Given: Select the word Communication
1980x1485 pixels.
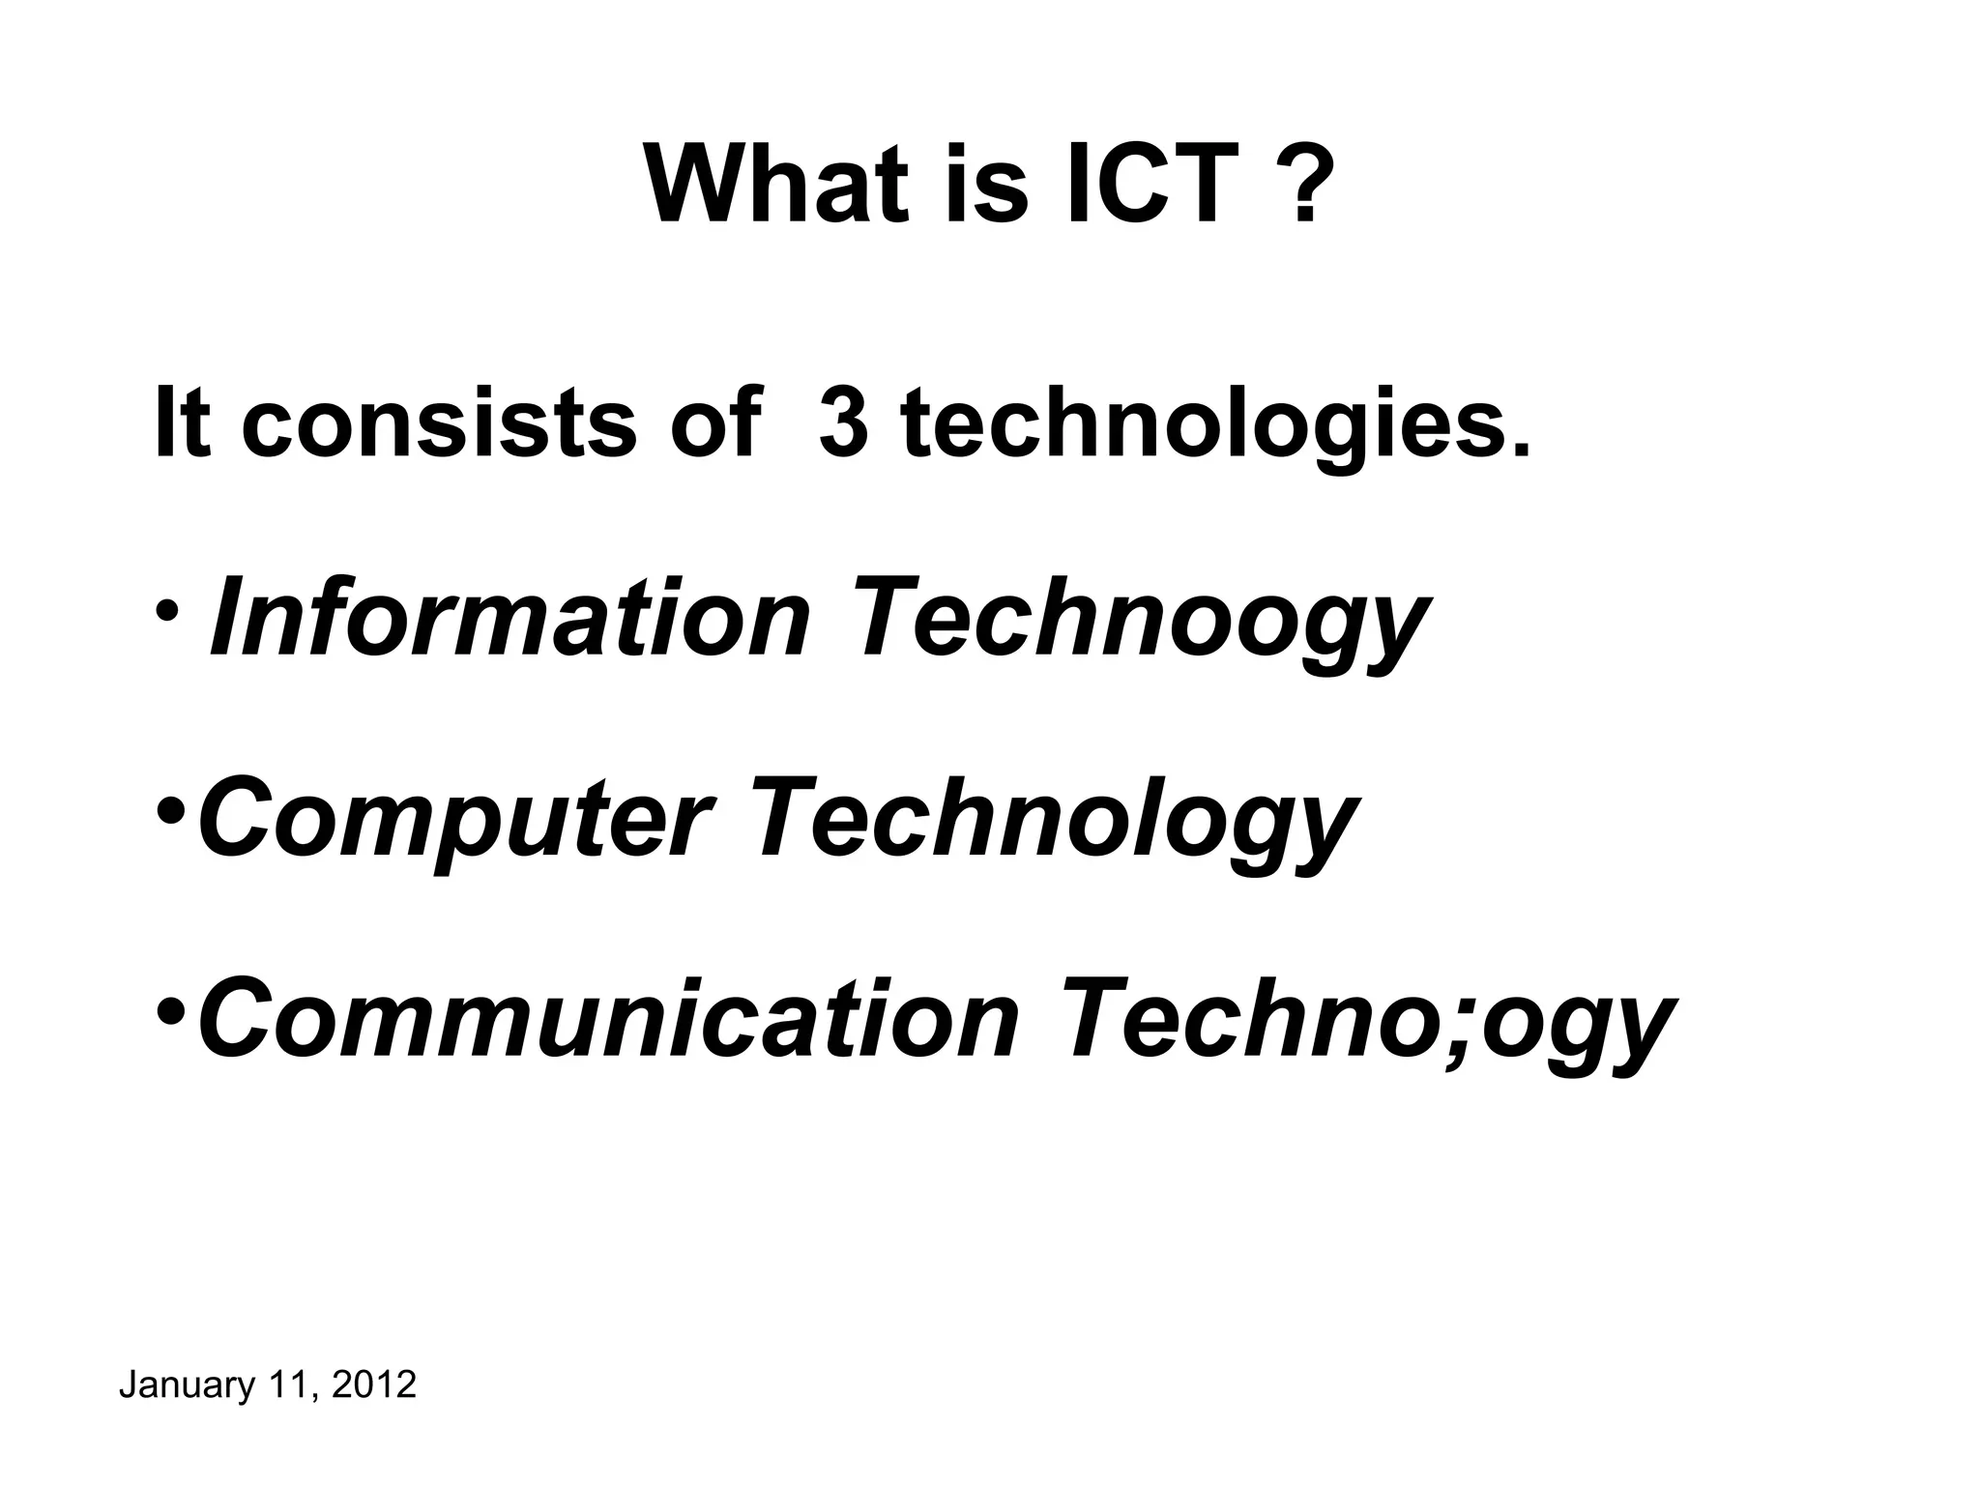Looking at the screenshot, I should pos(609,1020).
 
